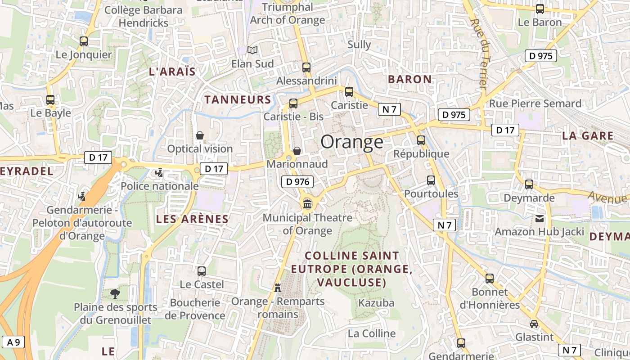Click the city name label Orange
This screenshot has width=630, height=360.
tap(352, 142)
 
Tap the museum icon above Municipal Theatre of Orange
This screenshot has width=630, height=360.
tap(308, 204)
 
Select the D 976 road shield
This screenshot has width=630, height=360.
tap(297, 182)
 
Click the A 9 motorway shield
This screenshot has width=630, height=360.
tap(13, 342)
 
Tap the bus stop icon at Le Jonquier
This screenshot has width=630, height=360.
tap(84, 41)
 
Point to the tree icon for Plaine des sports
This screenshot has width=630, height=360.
tap(115, 294)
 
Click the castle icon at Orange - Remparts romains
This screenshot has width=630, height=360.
tap(278, 288)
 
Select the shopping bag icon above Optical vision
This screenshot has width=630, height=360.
tap(200, 135)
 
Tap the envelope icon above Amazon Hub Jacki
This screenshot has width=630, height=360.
tap(540, 219)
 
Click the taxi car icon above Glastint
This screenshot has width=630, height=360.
tap(534, 324)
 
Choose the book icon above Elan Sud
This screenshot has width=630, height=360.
tap(253, 50)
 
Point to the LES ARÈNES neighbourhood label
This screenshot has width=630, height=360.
tap(192, 219)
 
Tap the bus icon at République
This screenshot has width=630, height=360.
tap(421, 140)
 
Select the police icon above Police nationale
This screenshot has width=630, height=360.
tap(159, 173)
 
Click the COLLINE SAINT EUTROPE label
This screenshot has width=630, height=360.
tap(351, 269)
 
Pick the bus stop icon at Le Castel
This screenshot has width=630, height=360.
tap(202, 271)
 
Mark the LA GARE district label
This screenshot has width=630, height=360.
tap(588, 135)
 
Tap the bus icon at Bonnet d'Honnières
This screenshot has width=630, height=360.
tap(490, 279)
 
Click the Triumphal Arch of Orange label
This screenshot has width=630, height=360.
tap(287, 13)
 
